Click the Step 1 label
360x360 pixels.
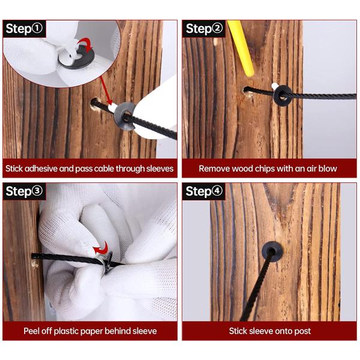[25, 29]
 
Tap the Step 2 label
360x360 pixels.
[204, 29]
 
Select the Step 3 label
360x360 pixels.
[25, 191]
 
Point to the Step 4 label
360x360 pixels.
[204, 191]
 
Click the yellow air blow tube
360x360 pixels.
[241, 48]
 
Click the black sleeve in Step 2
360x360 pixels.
[283, 95]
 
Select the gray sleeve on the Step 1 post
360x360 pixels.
[125, 116]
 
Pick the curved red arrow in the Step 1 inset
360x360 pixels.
[85, 44]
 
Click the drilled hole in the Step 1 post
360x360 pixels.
[96, 104]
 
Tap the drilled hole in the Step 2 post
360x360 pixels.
[248, 92]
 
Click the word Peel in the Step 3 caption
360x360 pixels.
[31, 331]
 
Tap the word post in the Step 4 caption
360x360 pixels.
[302, 331]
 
